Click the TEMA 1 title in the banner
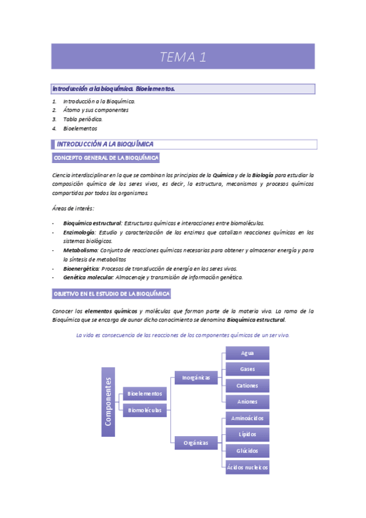click(183, 57)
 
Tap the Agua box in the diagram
click(247, 353)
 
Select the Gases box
click(247, 370)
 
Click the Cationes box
click(247, 385)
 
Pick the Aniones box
click(247, 402)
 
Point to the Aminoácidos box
click(247, 418)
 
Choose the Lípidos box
click(247, 434)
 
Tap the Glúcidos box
click(247, 451)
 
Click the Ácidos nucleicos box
click(247, 467)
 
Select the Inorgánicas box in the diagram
click(196, 378)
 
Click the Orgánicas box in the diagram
click(196, 442)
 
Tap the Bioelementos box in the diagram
click(144, 394)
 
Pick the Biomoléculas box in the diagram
click(144, 410)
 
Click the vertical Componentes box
click(108, 402)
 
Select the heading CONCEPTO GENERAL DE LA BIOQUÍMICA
click(106, 158)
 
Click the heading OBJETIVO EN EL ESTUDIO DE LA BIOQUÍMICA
click(112, 294)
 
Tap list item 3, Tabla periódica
click(82, 119)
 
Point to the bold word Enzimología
click(79, 233)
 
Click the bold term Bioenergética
click(81, 268)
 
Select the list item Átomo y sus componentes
click(95, 110)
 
